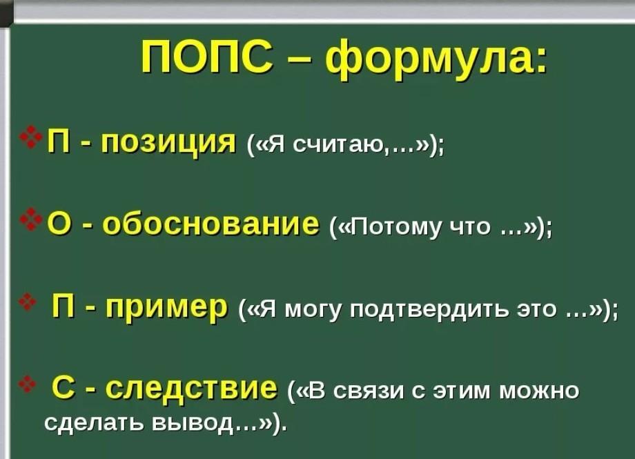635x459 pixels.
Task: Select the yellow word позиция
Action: (x=168, y=144)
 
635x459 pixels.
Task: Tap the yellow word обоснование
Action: (x=211, y=223)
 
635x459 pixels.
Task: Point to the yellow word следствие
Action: (x=191, y=388)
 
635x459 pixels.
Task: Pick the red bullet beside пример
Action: (x=27, y=302)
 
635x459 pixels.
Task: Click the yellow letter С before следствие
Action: (x=63, y=388)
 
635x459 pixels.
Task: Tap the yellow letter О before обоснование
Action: (x=60, y=224)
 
